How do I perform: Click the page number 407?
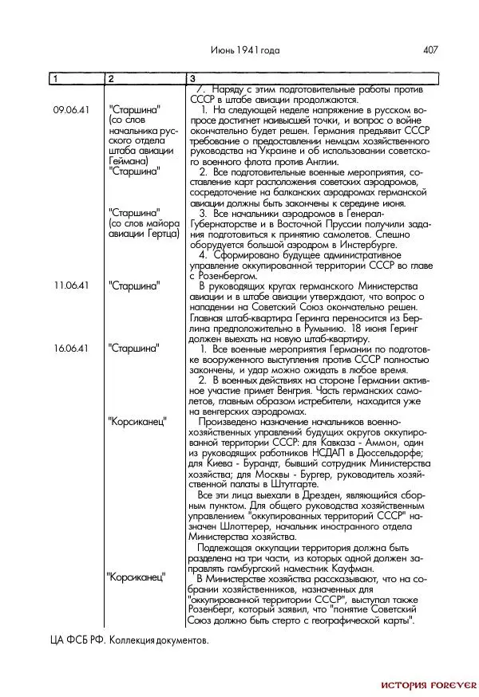pos(431,49)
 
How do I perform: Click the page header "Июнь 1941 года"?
pos(246,49)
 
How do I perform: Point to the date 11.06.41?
pos(70,285)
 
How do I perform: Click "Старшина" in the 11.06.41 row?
pos(133,285)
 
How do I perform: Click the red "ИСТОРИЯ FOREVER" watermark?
pos(428,684)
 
